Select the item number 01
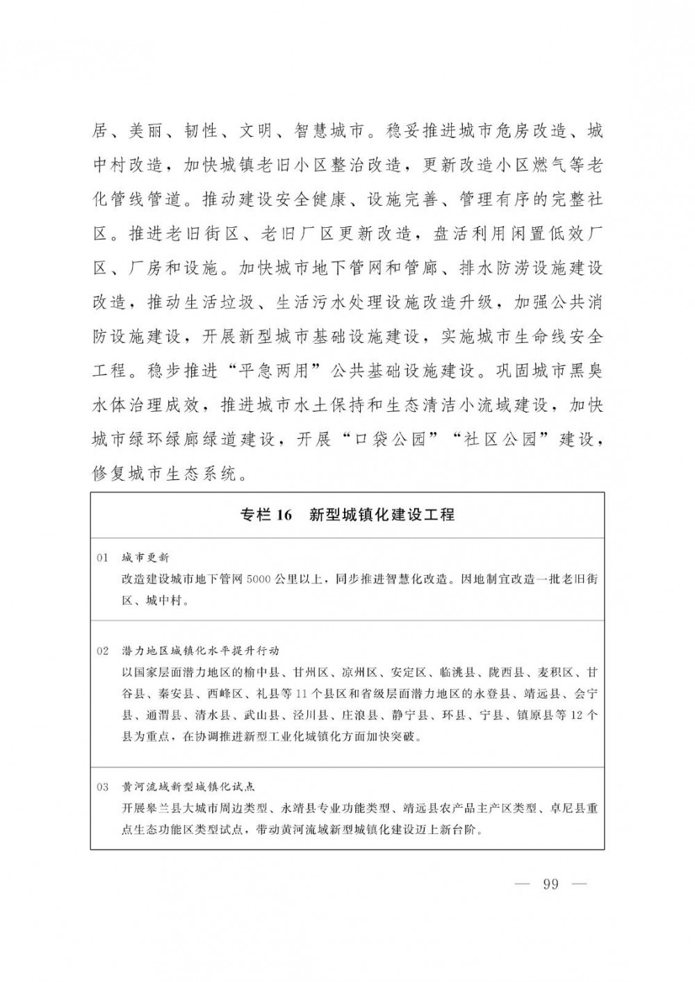click(x=103, y=558)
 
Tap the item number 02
click(x=103, y=651)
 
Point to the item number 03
click(x=103, y=787)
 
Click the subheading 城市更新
click(x=145, y=558)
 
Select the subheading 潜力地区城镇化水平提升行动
click(x=200, y=651)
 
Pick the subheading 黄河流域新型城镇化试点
click(x=188, y=787)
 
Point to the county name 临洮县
click(x=457, y=672)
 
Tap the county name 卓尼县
click(x=567, y=808)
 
